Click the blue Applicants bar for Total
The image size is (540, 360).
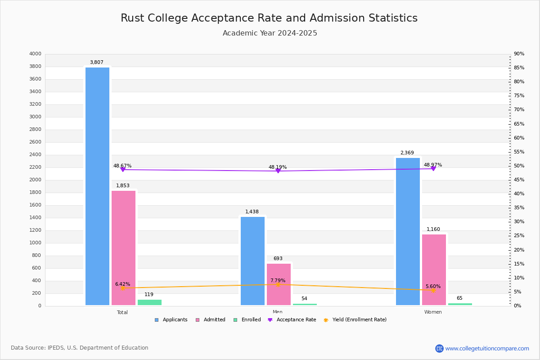click(97, 186)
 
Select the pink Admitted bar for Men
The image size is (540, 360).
click(279, 284)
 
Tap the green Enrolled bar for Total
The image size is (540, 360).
click(149, 302)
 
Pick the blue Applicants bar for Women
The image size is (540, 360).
click(408, 231)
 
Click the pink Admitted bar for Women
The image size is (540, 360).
click(434, 270)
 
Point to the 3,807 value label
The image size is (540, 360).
click(97, 63)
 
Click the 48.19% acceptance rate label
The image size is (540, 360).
click(278, 167)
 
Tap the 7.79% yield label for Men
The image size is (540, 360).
click(278, 280)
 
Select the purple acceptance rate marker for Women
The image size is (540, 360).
click(433, 169)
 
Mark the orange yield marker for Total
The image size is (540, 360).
click(122, 288)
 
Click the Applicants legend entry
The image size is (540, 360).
click(171, 320)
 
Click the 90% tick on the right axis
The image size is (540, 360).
click(519, 54)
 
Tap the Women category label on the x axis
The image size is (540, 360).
click(433, 312)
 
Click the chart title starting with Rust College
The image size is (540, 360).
click(269, 18)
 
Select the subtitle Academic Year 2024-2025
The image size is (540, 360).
click(270, 33)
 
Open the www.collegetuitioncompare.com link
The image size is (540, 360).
click(487, 348)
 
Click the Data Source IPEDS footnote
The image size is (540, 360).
click(80, 348)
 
